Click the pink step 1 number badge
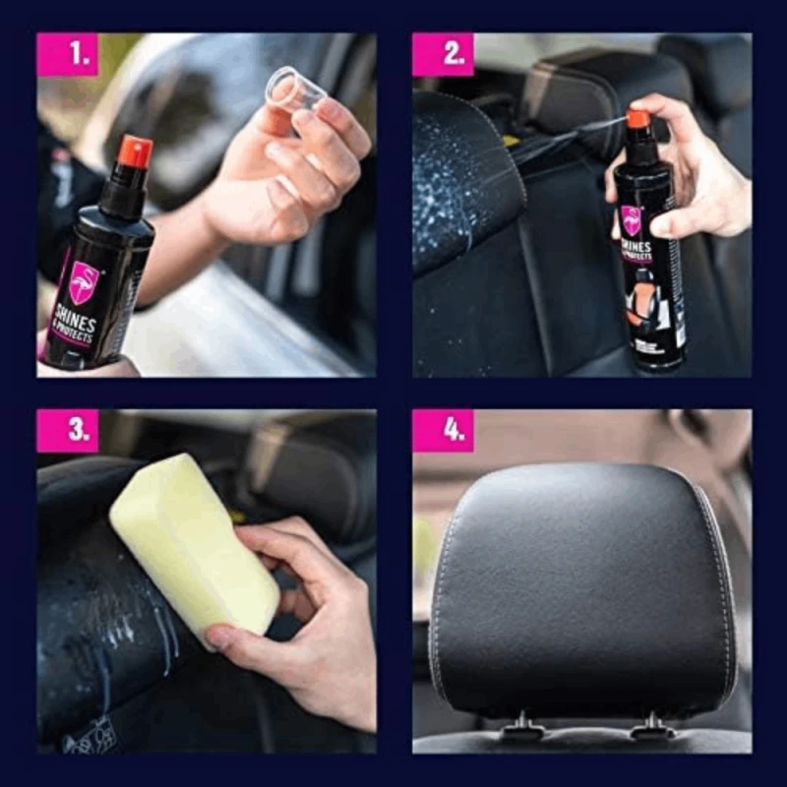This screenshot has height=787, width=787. tap(67, 55)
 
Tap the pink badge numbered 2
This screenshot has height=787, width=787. tap(443, 55)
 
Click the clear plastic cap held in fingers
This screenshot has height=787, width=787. tap(294, 89)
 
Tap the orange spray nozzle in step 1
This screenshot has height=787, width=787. tap(135, 151)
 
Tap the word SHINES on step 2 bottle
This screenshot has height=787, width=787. tap(636, 247)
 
